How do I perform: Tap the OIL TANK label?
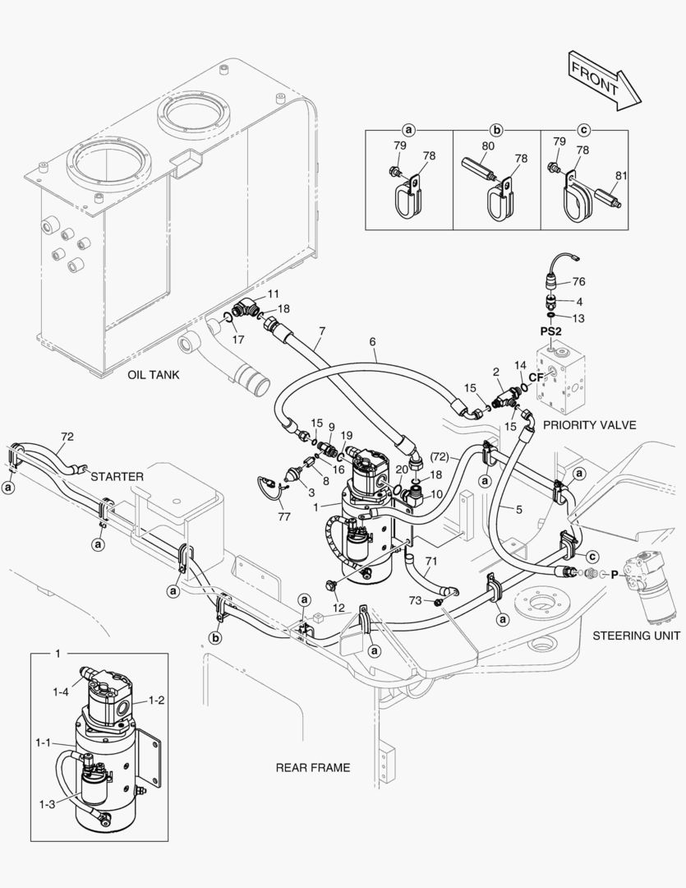click(x=154, y=375)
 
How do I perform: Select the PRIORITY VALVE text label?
click(x=590, y=425)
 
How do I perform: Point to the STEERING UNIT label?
click(x=636, y=635)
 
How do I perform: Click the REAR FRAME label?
click(x=312, y=767)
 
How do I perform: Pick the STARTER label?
click(x=117, y=476)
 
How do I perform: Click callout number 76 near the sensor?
click(x=578, y=281)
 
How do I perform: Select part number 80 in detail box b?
click(x=488, y=146)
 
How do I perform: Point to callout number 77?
click(x=284, y=518)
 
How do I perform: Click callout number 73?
click(x=417, y=602)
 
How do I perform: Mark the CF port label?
click(x=536, y=377)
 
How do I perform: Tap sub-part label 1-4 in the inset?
click(x=61, y=693)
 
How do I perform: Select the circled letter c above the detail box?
click(x=584, y=129)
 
